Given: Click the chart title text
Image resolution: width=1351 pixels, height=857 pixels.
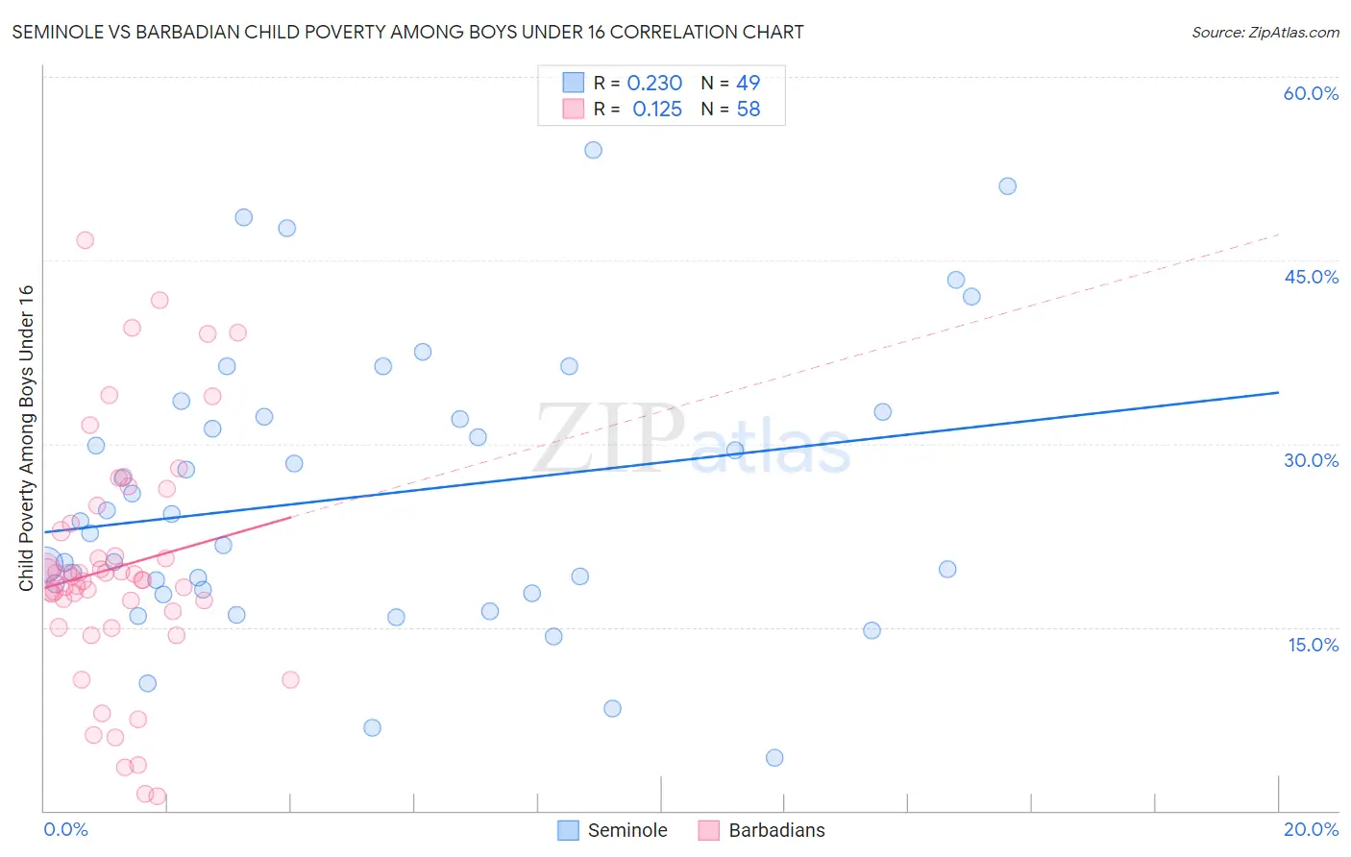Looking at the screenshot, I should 407,32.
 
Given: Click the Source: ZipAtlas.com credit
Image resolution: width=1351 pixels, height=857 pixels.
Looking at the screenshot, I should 1265,32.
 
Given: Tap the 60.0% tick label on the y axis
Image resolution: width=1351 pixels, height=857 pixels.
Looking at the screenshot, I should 1311,93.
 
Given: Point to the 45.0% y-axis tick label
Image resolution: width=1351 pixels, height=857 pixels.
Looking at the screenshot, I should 1311,277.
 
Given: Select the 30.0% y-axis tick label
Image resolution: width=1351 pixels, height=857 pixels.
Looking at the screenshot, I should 1311,460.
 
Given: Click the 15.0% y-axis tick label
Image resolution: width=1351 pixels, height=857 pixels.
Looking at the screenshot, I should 1313,645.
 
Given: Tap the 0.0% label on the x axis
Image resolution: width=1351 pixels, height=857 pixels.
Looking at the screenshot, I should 65,829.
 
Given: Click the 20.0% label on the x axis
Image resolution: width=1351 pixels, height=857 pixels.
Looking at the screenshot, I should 1311,829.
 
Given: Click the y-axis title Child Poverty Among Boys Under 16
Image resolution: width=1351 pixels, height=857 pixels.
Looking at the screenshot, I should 26,438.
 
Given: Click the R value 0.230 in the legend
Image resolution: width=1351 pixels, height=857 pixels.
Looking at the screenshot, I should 654,84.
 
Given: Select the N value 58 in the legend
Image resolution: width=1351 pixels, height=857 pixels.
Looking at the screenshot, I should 748,110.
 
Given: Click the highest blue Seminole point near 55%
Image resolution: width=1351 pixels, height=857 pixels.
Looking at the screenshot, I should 593,150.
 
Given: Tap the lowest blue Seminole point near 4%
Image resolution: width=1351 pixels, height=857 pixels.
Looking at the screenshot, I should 774,757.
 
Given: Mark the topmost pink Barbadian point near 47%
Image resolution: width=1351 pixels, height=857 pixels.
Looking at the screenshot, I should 85,240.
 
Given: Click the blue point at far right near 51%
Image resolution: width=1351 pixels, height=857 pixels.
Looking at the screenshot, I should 1007,186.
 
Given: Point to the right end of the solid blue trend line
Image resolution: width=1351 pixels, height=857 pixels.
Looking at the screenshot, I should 1278,392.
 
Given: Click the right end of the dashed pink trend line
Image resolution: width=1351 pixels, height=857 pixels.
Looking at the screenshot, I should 1278,233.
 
